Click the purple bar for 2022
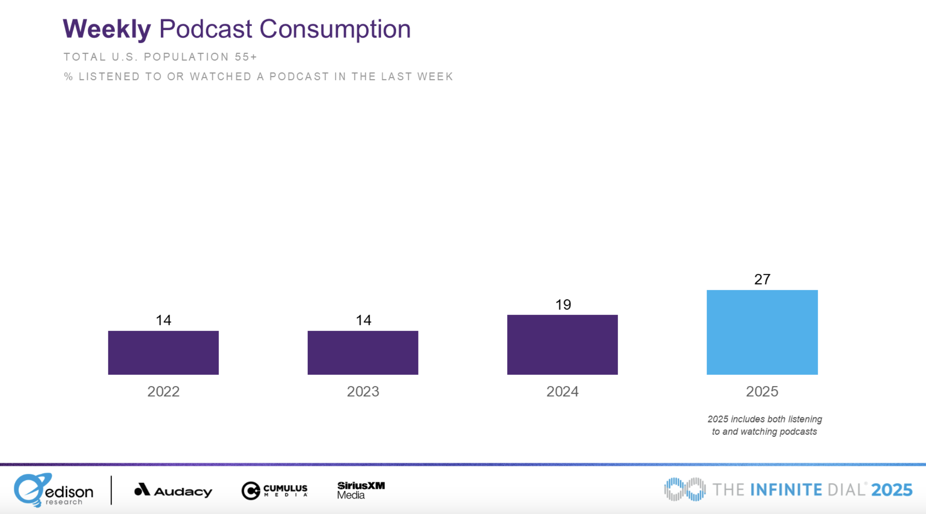[163, 352]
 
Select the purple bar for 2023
[363, 352]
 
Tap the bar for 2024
[562, 344]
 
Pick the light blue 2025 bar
[762, 332]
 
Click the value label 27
[762, 279]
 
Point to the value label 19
[563, 305]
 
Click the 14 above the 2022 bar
[163, 320]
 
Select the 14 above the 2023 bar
[363, 320]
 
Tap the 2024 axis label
[562, 391]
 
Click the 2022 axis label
[163, 391]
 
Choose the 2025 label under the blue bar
[762, 391]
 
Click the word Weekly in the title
[107, 29]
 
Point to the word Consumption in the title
[335, 29]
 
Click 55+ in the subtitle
[246, 57]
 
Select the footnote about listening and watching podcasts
[764, 425]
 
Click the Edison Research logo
[53, 490]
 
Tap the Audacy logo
[173, 490]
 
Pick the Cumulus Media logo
[274, 490]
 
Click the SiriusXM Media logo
[360, 490]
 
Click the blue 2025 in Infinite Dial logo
[891, 490]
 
